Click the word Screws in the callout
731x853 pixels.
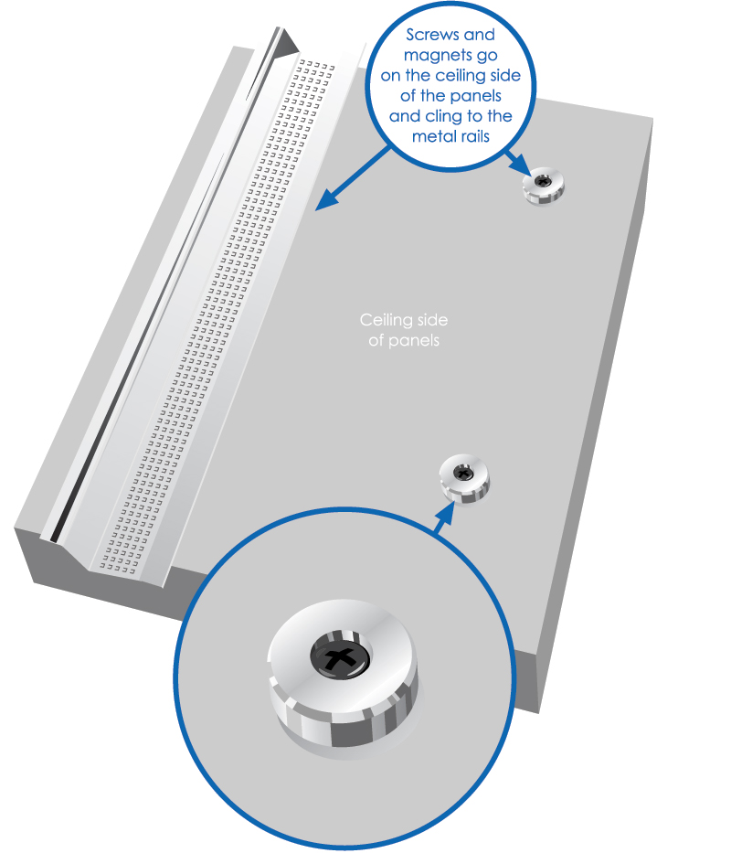tap(433, 35)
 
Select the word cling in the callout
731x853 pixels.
tap(443, 116)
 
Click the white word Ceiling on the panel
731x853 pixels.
tap(387, 320)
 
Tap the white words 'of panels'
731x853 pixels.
tap(404, 341)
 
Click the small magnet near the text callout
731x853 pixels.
tap(544, 186)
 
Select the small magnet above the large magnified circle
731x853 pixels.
tap(464, 479)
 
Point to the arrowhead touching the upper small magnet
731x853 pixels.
tap(521, 165)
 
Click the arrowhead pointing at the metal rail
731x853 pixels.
tap(326, 199)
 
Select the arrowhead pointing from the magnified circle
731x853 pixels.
tap(447, 512)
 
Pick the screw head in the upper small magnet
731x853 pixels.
tap(542, 181)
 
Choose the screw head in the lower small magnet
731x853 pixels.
tap(463, 474)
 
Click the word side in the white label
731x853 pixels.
tap(432, 320)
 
